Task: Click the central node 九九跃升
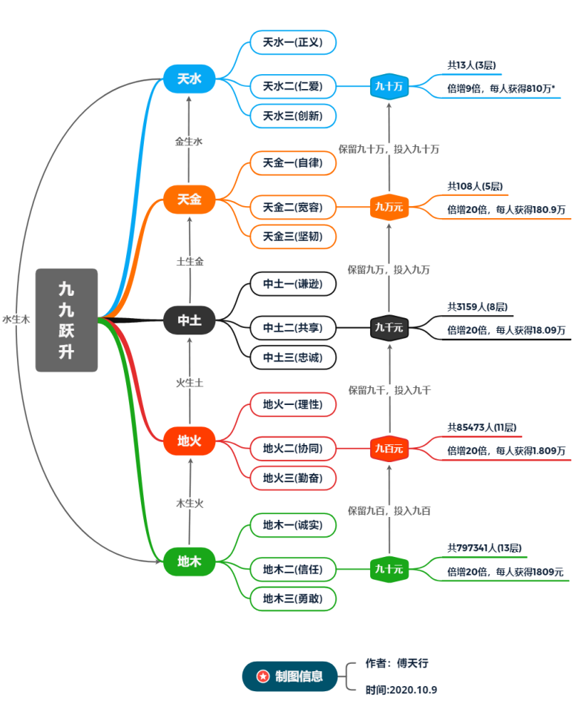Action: [67, 320]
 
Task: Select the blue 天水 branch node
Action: [189, 79]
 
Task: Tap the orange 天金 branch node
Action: [189, 200]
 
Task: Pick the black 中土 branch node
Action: [189, 320]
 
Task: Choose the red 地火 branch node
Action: [189, 441]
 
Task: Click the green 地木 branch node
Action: [189, 561]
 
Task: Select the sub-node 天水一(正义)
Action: [292, 42]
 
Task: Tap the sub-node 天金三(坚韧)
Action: [292, 236]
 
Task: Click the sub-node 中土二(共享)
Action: [292, 327]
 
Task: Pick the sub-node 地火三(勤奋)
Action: [292, 478]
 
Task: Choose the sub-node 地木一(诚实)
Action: [292, 525]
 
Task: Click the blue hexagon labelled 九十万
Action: [389, 87]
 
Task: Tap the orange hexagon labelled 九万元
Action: [389, 207]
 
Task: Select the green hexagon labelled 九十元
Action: [389, 569]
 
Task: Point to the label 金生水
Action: [189, 141]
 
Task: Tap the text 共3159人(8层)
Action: [477, 306]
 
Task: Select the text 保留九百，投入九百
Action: [389, 510]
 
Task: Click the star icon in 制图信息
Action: [263, 676]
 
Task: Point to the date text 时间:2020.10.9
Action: [401, 690]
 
